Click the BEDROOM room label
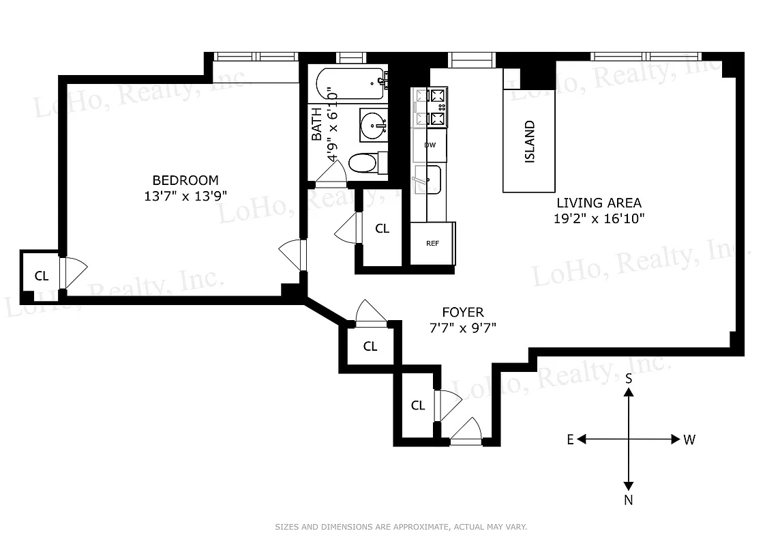pyautogui.click(x=185, y=180)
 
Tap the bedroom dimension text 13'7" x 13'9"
pyautogui.click(x=185, y=195)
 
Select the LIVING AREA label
pyautogui.click(x=599, y=203)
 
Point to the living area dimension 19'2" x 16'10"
pyautogui.click(x=599, y=218)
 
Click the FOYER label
pyautogui.click(x=462, y=313)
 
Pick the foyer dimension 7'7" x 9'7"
pyautogui.click(x=462, y=328)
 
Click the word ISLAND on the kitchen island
pyautogui.click(x=530, y=142)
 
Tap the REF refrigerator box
pyautogui.click(x=432, y=243)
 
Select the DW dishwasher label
pyautogui.click(x=430, y=145)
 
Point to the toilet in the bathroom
pyautogui.click(x=365, y=163)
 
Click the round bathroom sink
pyautogui.click(x=373, y=125)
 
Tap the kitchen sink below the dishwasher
pyautogui.click(x=427, y=179)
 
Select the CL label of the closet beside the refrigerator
pyautogui.click(x=382, y=229)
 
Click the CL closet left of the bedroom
pyautogui.click(x=42, y=276)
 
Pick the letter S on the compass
pyautogui.click(x=629, y=377)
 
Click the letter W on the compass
pyautogui.click(x=689, y=440)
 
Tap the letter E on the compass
pyautogui.click(x=570, y=440)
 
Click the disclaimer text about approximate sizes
pyautogui.click(x=401, y=527)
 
